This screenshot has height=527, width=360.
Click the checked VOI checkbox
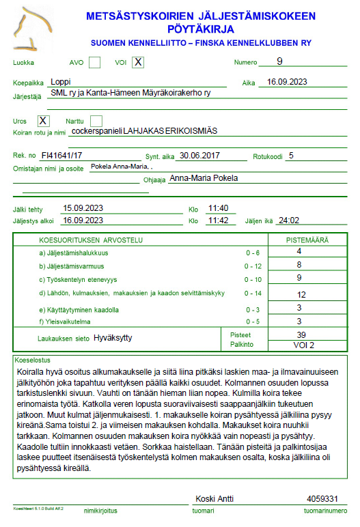(138, 63)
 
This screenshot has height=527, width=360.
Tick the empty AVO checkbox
(95, 63)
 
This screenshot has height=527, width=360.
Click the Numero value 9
(279, 61)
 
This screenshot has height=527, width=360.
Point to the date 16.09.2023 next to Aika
(287, 82)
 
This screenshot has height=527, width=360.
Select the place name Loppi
(61, 81)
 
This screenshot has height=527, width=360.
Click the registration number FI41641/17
(61, 156)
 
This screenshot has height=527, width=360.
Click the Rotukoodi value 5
(291, 155)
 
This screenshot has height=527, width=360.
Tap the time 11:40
(218, 208)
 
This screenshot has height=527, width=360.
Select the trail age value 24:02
(290, 220)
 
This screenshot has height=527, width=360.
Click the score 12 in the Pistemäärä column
(301, 294)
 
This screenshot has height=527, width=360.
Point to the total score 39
(301, 335)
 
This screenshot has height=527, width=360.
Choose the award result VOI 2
(301, 345)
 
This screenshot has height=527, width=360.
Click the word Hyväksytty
(113, 338)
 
